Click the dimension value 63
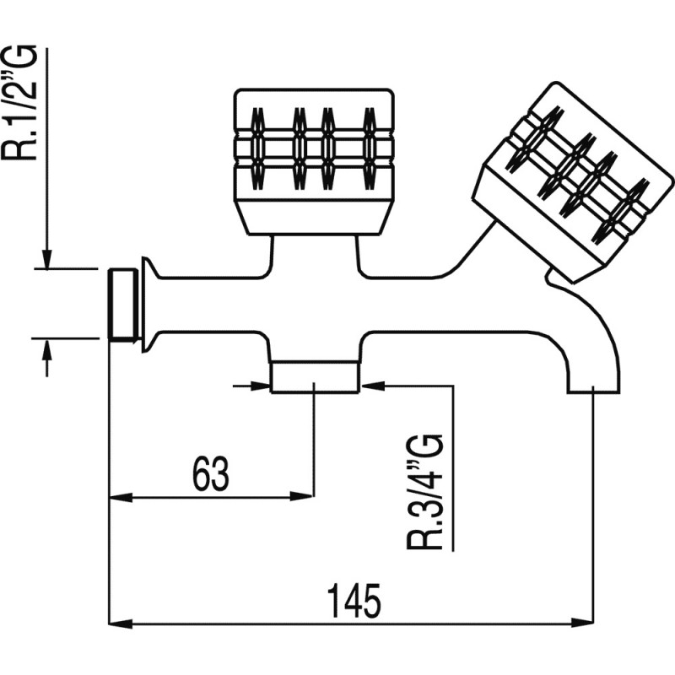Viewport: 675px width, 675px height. pyautogui.click(x=211, y=475)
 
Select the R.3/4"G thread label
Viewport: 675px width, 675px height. pyautogui.click(x=425, y=493)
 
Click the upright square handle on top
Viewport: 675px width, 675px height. pyautogui.click(x=314, y=160)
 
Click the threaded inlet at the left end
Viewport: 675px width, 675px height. pyautogui.click(x=124, y=304)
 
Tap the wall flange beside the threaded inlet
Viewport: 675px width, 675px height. pyautogui.click(x=148, y=304)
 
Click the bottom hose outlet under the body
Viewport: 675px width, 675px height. pyautogui.click(x=315, y=377)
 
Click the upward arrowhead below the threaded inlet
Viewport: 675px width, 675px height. pyautogui.click(x=47, y=349)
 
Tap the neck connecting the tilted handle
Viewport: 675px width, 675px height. pyautogui.click(x=557, y=277)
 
